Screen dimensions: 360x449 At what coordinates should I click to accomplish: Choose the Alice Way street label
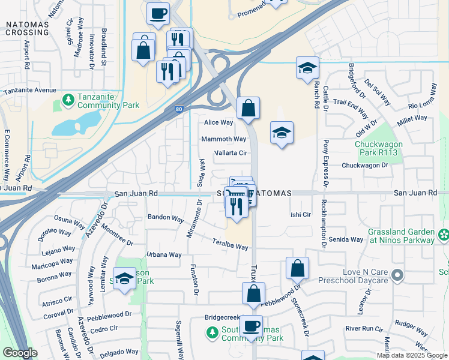coord(218,122)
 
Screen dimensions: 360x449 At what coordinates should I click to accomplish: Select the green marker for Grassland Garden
coord(444,234)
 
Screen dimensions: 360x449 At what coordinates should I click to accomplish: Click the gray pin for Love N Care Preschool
coord(397,275)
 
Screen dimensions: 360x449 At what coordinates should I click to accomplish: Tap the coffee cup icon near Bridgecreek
coord(251,327)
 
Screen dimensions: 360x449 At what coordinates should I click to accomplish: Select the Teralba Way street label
coord(231,244)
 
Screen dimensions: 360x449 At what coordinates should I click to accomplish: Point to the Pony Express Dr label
coord(327,162)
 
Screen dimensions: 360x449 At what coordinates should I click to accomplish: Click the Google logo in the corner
coord(20,353)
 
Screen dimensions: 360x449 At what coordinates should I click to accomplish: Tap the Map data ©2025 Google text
coord(411,355)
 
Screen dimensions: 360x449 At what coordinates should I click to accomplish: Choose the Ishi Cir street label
coord(301,214)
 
